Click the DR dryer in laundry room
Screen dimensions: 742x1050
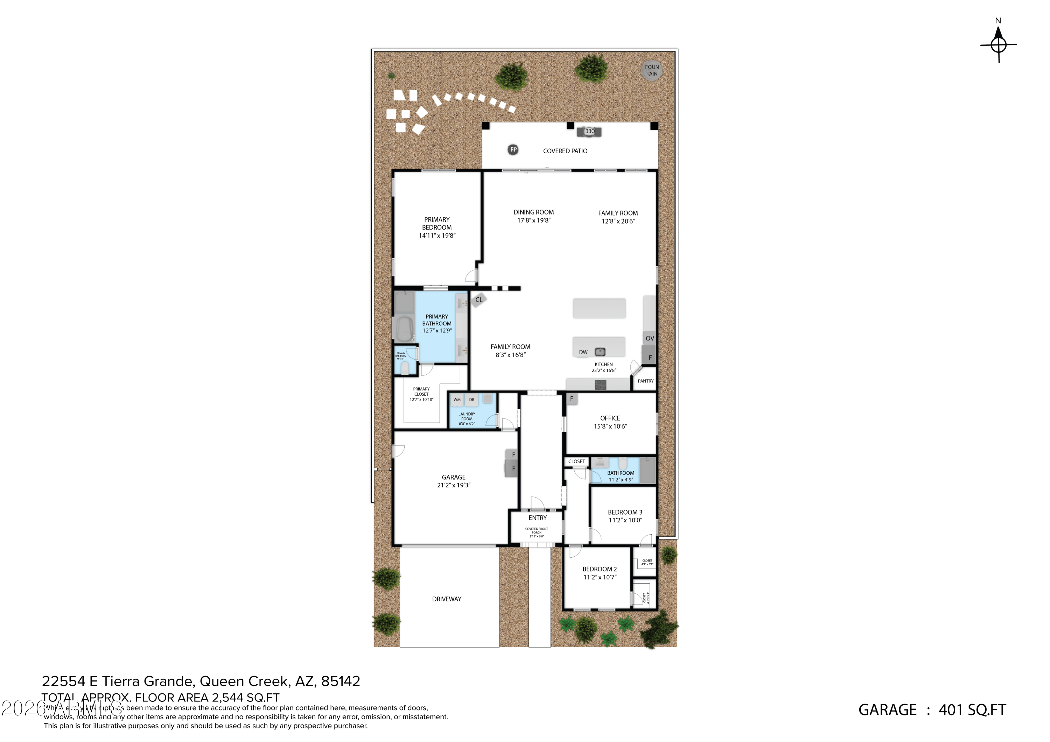click(471, 400)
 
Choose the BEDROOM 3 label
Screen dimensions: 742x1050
click(625, 512)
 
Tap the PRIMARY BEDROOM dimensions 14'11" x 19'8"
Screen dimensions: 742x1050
click(437, 236)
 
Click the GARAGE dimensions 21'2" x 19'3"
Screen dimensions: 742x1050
click(454, 485)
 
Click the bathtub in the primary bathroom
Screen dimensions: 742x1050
click(404, 328)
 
